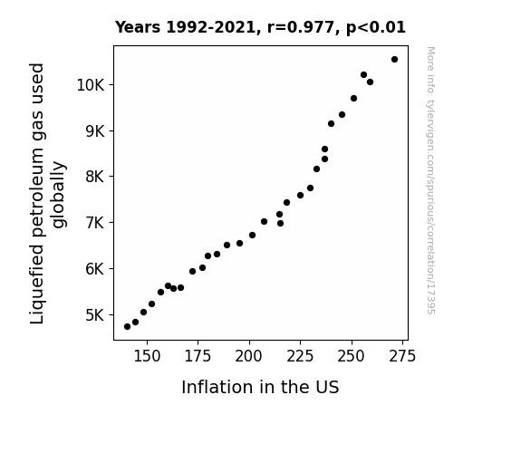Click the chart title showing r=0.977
260,27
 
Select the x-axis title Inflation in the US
260,387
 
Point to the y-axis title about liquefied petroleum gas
47,193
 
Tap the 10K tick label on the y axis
91,85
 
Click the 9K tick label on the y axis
95,131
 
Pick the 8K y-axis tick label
95,177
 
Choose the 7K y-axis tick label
95,222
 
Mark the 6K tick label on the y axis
95,268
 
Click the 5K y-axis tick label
95,314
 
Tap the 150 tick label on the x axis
147,357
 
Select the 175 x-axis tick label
198,357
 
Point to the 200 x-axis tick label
249,357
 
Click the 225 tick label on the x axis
301,357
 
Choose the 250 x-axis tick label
352,357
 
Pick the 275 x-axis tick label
402,357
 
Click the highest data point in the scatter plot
394,60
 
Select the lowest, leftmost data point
127,327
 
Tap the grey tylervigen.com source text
431,180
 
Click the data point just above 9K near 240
331,123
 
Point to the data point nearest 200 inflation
252,236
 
